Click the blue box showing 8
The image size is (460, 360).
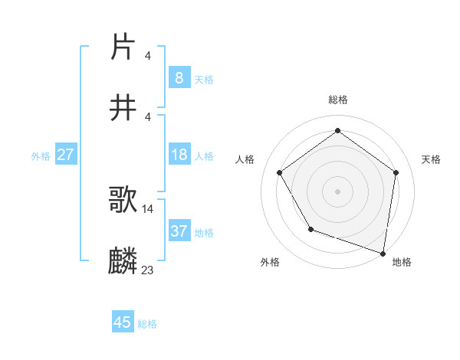[x=179, y=77]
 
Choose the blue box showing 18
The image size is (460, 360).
[x=179, y=155]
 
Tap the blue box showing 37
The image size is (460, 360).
[x=179, y=231]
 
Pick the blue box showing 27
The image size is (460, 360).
[x=65, y=155]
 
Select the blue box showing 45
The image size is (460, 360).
[x=123, y=322]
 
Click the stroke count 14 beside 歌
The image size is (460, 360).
[x=148, y=208]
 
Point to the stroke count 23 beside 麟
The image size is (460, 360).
[x=148, y=270]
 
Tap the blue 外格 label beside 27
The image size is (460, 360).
[x=41, y=155]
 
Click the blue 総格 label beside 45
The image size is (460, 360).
[x=147, y=323]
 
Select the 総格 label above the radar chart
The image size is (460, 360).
[x=338, y=100]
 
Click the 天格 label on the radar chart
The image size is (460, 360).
[x=431, y=159]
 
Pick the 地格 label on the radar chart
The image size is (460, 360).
[x=402, y=262]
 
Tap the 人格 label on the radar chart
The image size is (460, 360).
[x=245, y=159]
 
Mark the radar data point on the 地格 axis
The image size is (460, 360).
[x=383, y=253]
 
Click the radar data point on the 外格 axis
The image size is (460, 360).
[x=310, y=229]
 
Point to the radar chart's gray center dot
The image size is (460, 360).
[x=338, y=191]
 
